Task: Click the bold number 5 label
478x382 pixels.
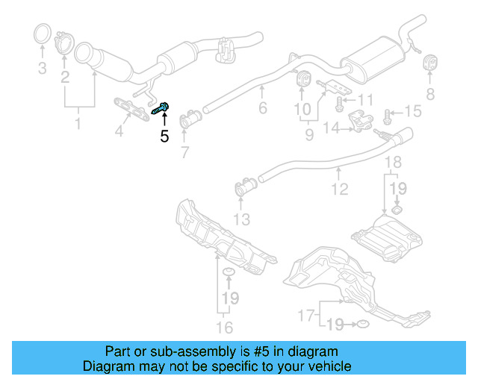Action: pos(164,136)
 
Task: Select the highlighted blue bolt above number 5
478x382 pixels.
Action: pos(162,108)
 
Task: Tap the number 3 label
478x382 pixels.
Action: pos(42,69)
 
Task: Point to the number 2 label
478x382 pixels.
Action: pos(66,77)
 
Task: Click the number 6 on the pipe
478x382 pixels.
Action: pos(262,108)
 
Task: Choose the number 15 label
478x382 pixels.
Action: pos(413,112)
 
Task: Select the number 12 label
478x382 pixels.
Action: pos(340,189)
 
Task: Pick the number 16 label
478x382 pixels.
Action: pos(224,327)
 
